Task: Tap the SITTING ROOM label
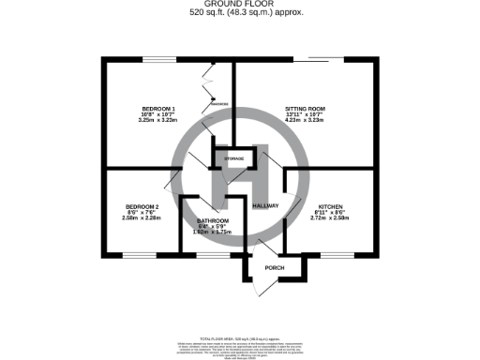tap(308, 110)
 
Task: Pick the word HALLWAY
tap(266, 203)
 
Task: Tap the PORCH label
tap(274, 267)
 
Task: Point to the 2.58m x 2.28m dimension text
tap(142, 217)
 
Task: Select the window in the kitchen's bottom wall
tap(334, 254)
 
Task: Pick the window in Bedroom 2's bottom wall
tap(138, 254)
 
